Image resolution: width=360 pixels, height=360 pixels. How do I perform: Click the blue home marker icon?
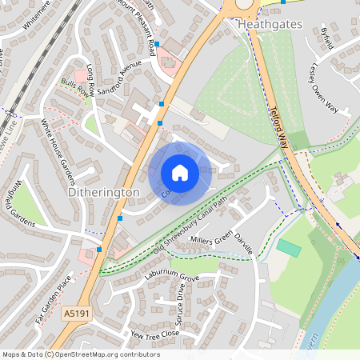coord(180,173)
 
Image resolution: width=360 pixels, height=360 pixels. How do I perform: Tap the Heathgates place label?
coord(270,25)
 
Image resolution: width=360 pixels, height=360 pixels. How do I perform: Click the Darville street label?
coord(244,243)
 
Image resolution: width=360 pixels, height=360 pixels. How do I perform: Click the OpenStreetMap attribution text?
coord(80,354)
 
